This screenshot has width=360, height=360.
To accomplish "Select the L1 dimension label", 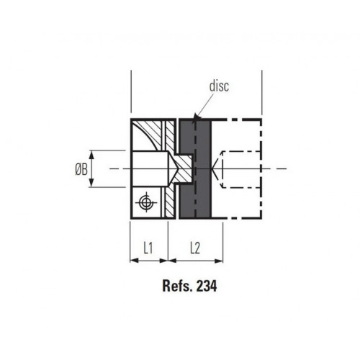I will pyautogui.click(x=148, y=247).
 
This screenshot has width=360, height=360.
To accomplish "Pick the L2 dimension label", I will pyautogui.click(x=196, y=247).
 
